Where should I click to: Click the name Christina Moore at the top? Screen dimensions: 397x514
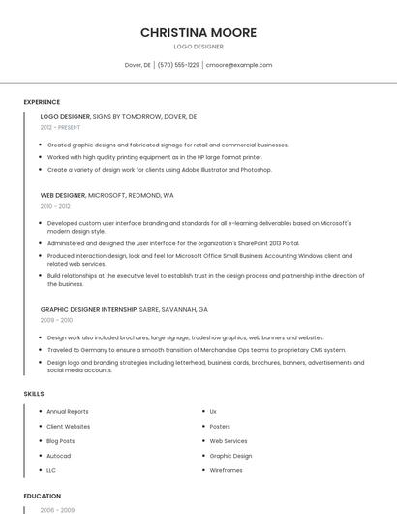[x=198, y=32]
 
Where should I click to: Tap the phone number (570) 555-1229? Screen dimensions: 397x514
[x=178, y=65]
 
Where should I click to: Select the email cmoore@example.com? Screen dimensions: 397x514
[x=240, y=65]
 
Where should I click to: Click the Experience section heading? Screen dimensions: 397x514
[x=42, y=102]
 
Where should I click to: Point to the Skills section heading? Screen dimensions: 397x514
[x=33, y=393]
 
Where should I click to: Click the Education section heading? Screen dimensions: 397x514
[x=42, y=496]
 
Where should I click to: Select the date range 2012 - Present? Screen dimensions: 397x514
[x=60, y=127]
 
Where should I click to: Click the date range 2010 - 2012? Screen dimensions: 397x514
[x=55, y=206]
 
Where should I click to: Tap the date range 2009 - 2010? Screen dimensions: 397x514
[x=56, y=320]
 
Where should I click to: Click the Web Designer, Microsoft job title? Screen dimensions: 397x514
[x=107, y=195]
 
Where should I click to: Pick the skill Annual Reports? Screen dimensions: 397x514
[x=68, y=412]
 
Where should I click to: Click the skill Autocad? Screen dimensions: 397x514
[x=59, y=456]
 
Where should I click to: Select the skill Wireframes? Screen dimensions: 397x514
[x=226, y=470]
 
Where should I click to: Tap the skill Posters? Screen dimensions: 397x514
[x=220, y=427]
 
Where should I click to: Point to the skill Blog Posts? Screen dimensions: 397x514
[x=61, y=441]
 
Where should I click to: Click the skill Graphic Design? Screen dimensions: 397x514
[x=230, y=456]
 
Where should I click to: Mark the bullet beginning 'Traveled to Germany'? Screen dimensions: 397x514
[x=196, y=350]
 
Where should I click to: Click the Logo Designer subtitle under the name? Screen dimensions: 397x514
[x=198, y=47]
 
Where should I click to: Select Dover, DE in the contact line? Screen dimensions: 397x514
[x=137, y=65]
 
